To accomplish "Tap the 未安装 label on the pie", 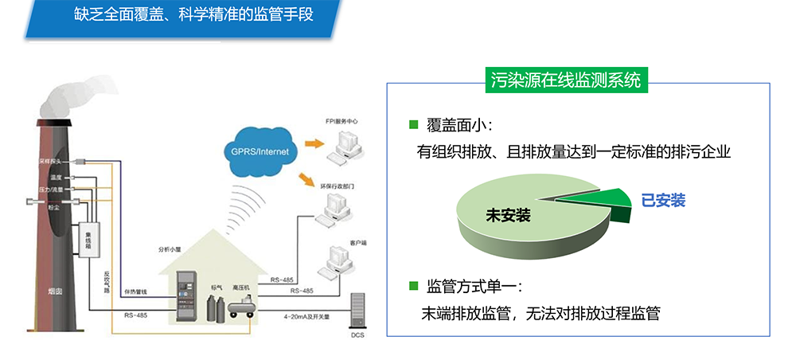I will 508,214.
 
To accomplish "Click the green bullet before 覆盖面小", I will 413,124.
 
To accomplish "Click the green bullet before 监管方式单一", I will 413,285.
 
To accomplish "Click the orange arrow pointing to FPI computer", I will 315,143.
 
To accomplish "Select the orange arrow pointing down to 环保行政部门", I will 306,179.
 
